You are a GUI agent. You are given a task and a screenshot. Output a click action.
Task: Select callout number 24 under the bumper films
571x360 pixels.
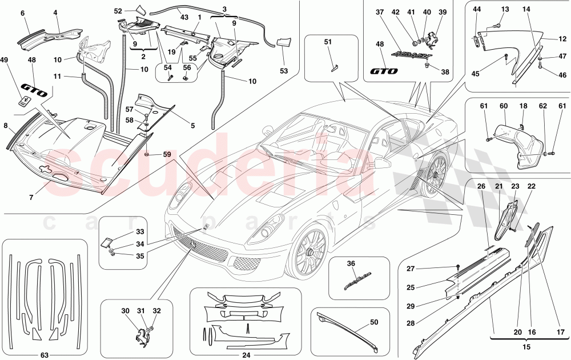coord(247,354)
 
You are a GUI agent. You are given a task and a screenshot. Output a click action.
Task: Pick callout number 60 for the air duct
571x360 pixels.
coord(503,106)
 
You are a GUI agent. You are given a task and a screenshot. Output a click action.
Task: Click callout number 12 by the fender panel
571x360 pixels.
coord(562,39)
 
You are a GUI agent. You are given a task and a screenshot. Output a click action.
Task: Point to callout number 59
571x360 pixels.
coord(167,154)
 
